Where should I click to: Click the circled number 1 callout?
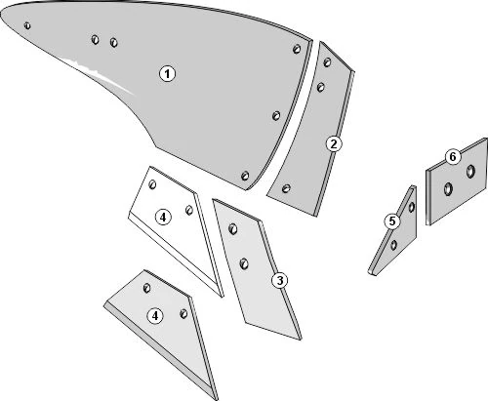coord(167,74)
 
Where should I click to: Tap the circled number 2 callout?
coord(334,144)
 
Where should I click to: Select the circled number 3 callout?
coord(280,280)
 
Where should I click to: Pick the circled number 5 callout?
coord(392,221)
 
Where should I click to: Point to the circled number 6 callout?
coord(453,157)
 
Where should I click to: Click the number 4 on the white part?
coord(163,217)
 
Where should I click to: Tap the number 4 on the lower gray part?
coord(155,316)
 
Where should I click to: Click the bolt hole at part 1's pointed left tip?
coord(27,25)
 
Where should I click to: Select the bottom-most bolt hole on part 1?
coord(245,176)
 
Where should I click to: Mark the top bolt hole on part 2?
coord(327,62)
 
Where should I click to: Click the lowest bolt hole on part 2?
coord(286,188)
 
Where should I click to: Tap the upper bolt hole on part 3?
coord(233,229)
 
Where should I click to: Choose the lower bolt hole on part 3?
coord(244,263)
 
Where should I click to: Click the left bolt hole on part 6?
coord(448,189)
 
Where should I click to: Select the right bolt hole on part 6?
coord(470,171)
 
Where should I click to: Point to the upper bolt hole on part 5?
coord(412,207)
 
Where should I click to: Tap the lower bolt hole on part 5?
coord(394,245)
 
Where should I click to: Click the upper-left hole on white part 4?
coord(152,184)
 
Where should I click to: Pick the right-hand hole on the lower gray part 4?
coord(183,314)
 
